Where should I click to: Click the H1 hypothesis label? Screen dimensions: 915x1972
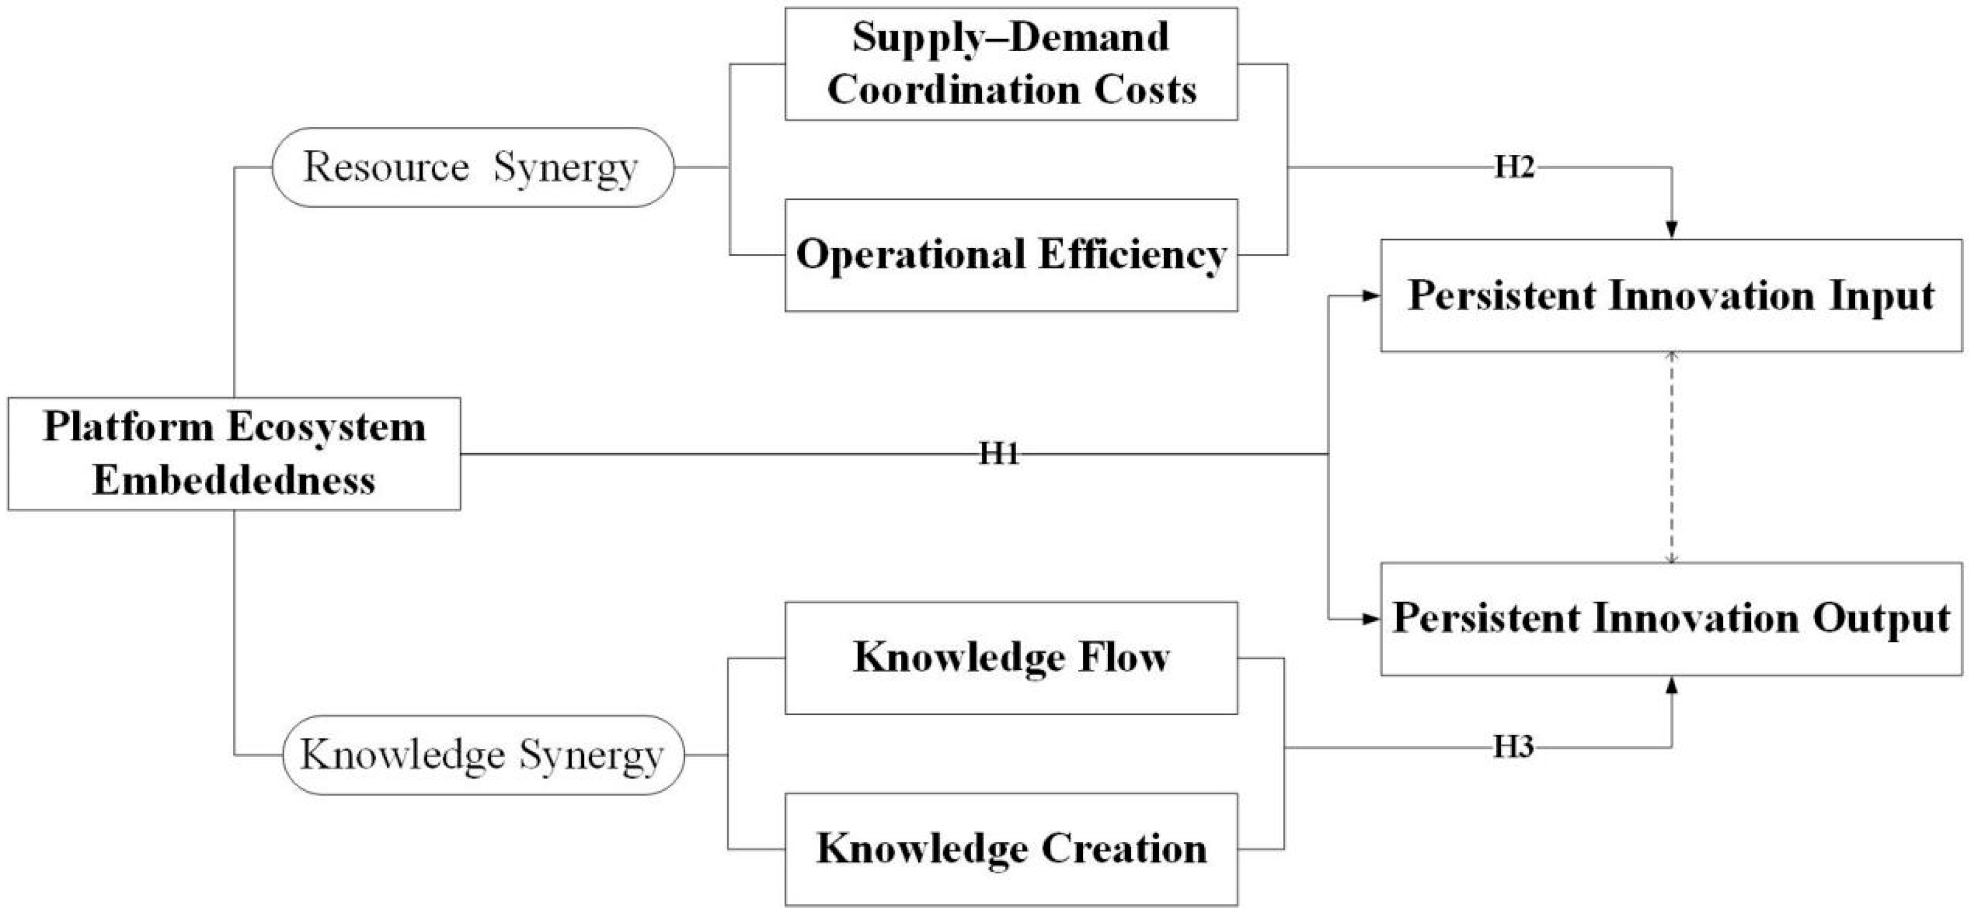pyautogui.click(x=999, y=455)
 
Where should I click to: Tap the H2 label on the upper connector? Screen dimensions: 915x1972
pyautogui.click(x=1514, y=167)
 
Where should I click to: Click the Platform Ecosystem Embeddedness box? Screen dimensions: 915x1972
pyautogui.click(x=234, y=454)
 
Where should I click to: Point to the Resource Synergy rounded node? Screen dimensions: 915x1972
pyautogui.click(x=472, y=167)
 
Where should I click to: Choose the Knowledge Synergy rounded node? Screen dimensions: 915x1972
pyautogui.click(x=483, y=755)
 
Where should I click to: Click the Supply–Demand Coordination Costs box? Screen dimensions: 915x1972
pyautogui.click(x=1011, y=64)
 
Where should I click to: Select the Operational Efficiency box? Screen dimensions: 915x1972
pyautogui.click(x=1011, y=255)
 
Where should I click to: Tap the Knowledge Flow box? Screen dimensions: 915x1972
pyautogui.click(x=1011, y=658)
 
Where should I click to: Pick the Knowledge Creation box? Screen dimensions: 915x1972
pyautogui.click(x=1011, y=849)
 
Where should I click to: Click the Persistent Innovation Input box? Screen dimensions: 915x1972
pyautogui.click(x=1671, y=296)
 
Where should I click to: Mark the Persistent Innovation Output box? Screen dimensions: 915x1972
pyautogui.click(x=1671, y=619)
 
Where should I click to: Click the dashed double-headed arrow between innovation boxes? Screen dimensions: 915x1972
pyautogui.click(x=1672, y=457)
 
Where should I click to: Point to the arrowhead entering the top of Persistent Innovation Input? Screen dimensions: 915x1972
pyautogui.click(x=1672, y=229)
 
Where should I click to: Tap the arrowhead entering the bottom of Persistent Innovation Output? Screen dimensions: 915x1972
pyautogui.click(x=1672, y=686)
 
